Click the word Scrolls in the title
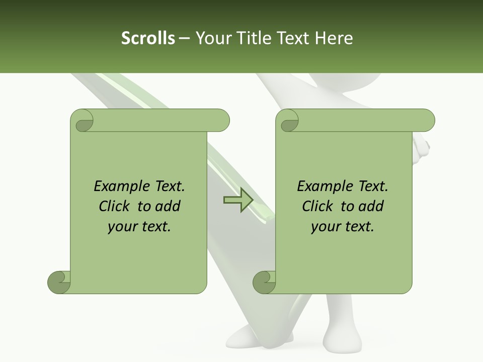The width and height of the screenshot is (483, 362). click(148, 38)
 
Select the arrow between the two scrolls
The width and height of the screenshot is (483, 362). click(238, 201)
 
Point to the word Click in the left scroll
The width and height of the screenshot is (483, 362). click(116, 207)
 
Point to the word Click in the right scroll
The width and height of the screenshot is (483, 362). click(319, 207)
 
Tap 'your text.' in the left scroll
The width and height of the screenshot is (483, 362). click(139, 227)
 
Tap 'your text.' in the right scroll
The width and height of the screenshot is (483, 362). click(342, 227)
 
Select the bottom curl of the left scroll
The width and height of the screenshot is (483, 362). click(59, 282)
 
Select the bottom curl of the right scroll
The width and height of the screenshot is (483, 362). click(264, 282)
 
